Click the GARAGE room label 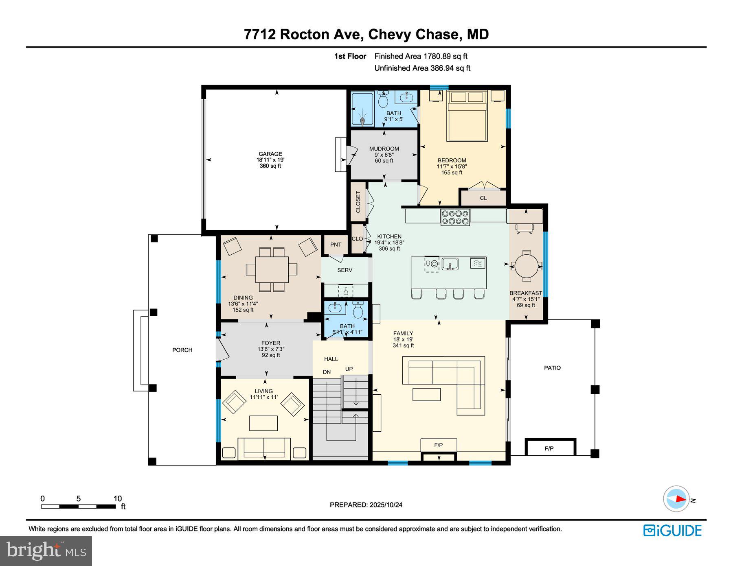click(270, 154)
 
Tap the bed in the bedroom click(467, 116)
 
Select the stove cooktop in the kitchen click(455, 217)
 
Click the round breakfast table click(526, 266)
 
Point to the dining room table click(272, 269)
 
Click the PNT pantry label click(336, 245)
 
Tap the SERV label click(345, 270)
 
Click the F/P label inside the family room click(438, 445)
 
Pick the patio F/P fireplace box click(550, 448)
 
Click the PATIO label click(552, 368)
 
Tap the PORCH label click(182, 350)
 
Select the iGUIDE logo click(672, 531)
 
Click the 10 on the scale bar click(117, 499)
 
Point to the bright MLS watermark click(46, 551)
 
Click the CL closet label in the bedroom click(483, 198)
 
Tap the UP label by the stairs click(349, 369)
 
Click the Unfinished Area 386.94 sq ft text click(422, 68)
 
